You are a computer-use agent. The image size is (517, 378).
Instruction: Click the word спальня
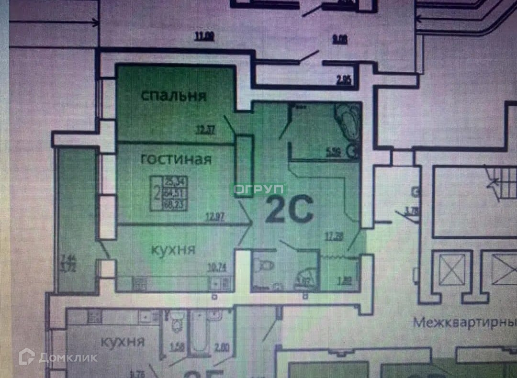point(173,95)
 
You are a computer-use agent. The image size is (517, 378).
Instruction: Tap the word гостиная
point(176,159)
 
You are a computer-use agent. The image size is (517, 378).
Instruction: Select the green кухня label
point(173,249)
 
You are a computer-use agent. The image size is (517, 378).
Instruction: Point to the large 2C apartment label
point(289,210)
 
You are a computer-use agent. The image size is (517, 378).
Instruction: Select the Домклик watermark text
point(68,357)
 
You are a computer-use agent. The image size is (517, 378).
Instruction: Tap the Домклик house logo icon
point(26,356)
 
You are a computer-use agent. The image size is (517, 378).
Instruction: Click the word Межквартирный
point(464,322)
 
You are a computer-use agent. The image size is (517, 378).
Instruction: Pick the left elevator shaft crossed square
point(452,269)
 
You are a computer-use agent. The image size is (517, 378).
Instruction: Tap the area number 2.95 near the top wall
point(344,80)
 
